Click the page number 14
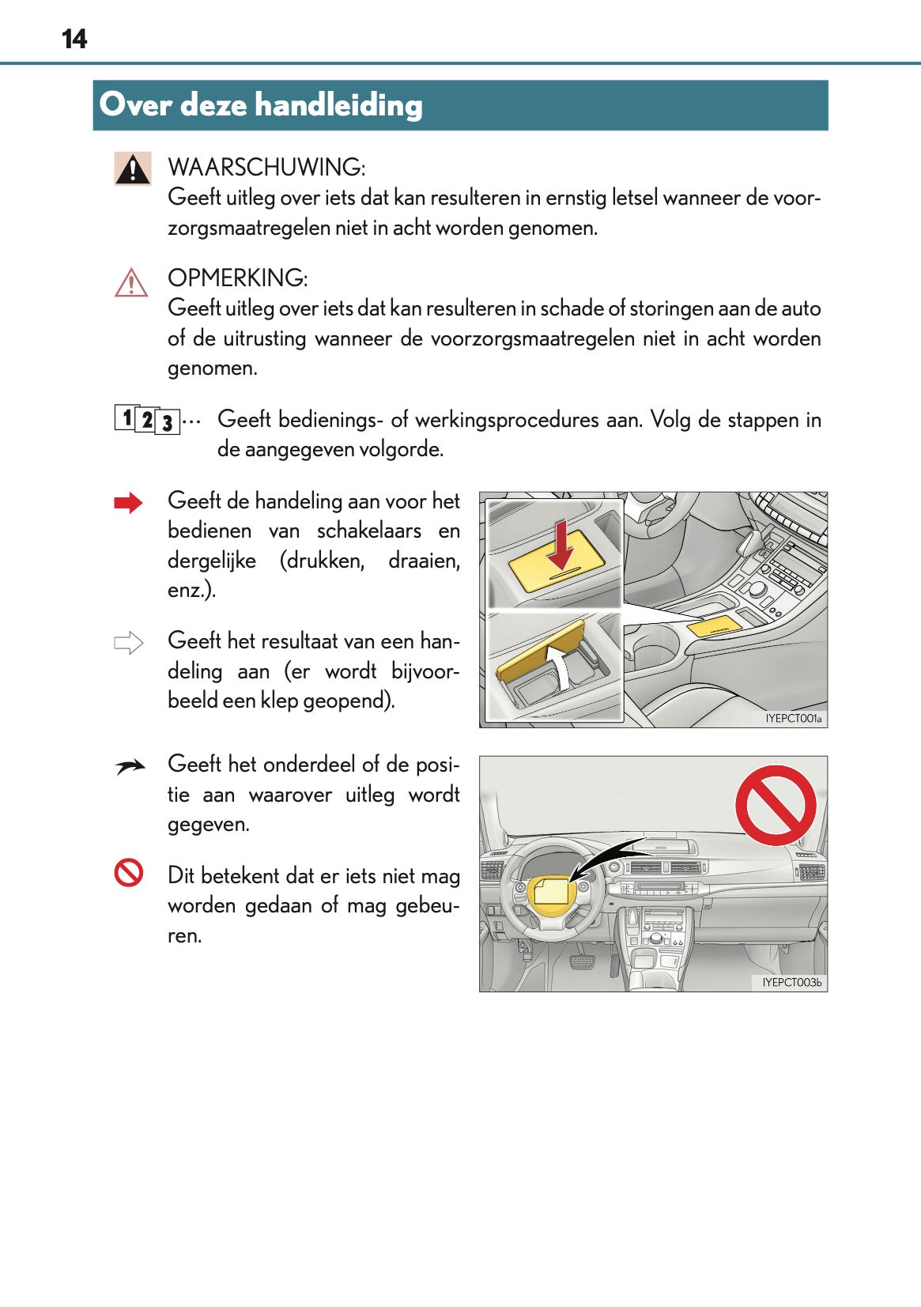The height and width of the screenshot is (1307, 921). pos(74,39)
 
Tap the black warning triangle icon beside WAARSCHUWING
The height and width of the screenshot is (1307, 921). pos(132,168)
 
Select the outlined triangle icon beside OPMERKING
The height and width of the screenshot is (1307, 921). pos(131,283)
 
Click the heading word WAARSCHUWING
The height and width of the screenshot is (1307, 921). pos(266,168)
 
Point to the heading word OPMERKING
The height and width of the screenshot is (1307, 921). pos(236,278)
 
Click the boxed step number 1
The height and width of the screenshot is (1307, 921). pos(126,417)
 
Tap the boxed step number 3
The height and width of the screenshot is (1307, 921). pos(167,423)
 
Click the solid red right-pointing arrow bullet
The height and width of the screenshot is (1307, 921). pos(128,503)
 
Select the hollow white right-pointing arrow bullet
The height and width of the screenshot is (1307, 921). pos(128,643)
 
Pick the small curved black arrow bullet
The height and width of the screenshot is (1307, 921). pos(130,766)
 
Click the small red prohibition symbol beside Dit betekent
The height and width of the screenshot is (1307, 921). pos(129,873)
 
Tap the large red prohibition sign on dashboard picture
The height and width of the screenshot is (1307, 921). pos(775,805)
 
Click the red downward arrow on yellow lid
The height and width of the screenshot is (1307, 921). pos(561,545)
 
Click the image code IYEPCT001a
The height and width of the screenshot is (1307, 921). pos(793,719)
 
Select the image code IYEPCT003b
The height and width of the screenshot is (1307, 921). pos(791,982)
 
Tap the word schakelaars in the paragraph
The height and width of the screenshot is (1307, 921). pos(368,531)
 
